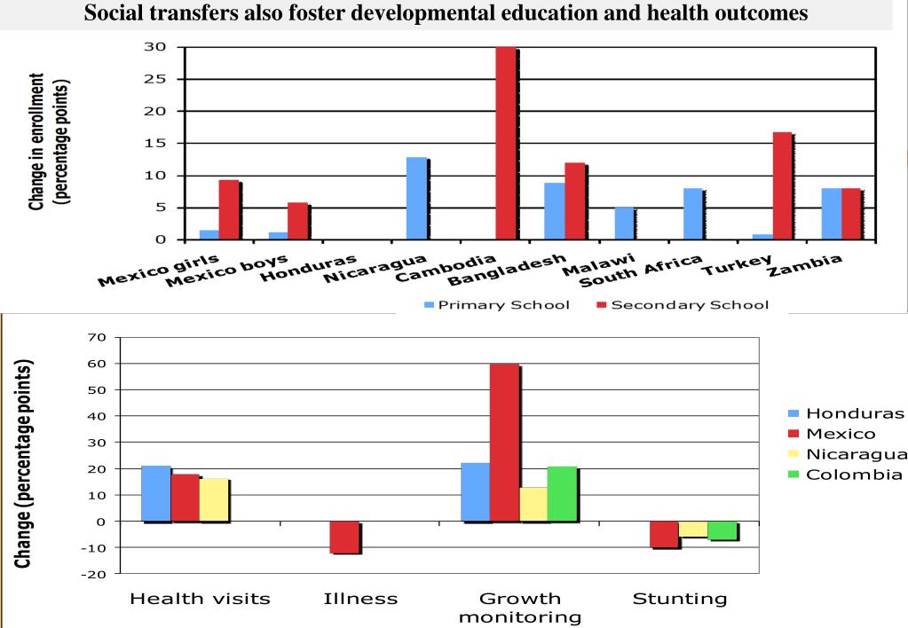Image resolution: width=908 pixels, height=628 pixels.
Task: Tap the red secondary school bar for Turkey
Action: pos(782,186)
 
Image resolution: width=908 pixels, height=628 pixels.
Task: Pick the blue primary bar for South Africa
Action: pos(692,214)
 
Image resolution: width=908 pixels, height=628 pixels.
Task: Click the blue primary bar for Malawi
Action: pos(624,224)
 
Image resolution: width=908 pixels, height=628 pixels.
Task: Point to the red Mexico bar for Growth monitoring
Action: pos(504,443)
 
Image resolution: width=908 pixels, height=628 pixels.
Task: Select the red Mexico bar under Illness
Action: pos(344,538)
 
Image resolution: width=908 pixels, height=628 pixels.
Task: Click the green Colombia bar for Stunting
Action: pos(722,530)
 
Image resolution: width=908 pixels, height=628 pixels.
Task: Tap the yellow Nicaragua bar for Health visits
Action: pos(214,500)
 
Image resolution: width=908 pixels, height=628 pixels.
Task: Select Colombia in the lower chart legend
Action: pos(853,474)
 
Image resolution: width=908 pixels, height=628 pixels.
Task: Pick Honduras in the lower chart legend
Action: pos(853,413)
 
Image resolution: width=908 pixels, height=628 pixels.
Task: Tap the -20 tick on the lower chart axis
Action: pos(93,575)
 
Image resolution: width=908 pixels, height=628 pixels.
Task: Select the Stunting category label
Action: pos(679,599)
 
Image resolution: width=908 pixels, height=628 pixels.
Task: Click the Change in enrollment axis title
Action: pos(49,142)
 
